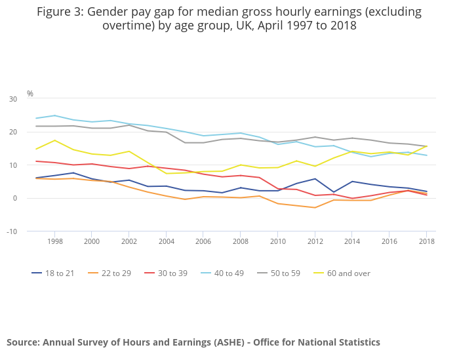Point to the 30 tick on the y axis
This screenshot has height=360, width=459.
[13, 99]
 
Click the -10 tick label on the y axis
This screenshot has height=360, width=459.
[12, 231]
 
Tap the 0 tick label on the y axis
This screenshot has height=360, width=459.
[15, 199]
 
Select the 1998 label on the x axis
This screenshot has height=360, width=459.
[54, 241]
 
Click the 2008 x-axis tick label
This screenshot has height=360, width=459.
[241, 241]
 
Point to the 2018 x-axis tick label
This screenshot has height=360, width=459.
[428, 241]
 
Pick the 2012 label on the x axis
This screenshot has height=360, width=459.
[315, 241]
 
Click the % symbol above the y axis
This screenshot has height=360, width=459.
[30, 94]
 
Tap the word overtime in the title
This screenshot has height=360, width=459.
[127, 26]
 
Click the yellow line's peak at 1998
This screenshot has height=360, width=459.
[54, 140]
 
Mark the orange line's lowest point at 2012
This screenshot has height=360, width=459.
[315, 208]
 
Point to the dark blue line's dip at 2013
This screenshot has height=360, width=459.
[334, 192]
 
